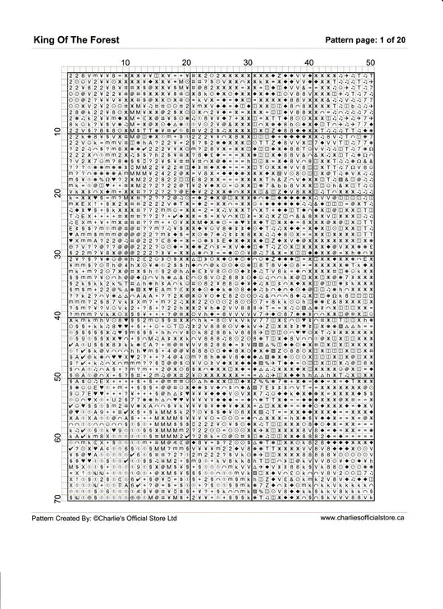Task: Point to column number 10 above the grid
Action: pyautogui.click(x=125, y=62)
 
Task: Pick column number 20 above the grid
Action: pyautogui.click(x=186, y=62)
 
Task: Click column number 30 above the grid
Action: pyautogui.click(x=248, y=62)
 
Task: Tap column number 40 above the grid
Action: pyautogui.click(x=309, y=62)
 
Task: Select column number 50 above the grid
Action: pyautogui.click(x=371, y=62)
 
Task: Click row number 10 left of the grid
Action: pyautogui.click(x=57, y=131)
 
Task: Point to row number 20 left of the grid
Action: pyautogui.click(x=57, y=193)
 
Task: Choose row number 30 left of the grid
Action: pyautogui.click(x=57, y=254)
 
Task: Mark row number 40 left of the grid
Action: pyautogui.click(x=57, y=316)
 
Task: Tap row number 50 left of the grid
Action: pyautogui.click(x=57, y=378)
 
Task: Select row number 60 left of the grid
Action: pyautogui.click(x=57, y=438)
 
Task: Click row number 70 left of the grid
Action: pyautogui.click(x=57, y=499)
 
